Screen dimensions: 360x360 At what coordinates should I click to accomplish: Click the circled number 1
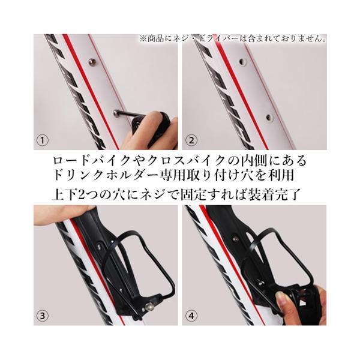[x=43, y=140]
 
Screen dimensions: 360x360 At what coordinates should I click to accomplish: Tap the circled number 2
[x=191, y=140]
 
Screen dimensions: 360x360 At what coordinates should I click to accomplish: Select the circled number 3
[x=43, y=316]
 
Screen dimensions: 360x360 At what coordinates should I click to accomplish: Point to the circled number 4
[x=191, y=316]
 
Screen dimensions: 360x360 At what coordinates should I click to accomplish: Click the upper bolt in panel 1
[x=92, y=61]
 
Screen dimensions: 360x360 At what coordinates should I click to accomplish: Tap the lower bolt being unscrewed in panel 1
[x=116, y=113]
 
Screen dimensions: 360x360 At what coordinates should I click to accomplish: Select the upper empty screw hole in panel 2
[x=242, y=62]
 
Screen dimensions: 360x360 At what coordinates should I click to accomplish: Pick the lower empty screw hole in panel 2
[x=269, y=118]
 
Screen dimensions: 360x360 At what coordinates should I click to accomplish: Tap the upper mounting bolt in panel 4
[x=235, y=239]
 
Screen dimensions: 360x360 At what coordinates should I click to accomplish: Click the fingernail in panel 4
[x=281, y=298]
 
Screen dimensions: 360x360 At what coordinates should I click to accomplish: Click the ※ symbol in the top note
[x=143, y=38]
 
